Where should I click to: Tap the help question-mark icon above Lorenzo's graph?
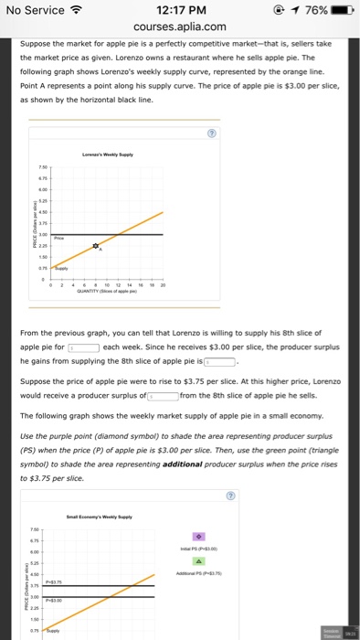[x=212, y=131]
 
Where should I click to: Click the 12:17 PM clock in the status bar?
[x=179, y=11]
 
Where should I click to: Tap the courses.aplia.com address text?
[x=179, y=28]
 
